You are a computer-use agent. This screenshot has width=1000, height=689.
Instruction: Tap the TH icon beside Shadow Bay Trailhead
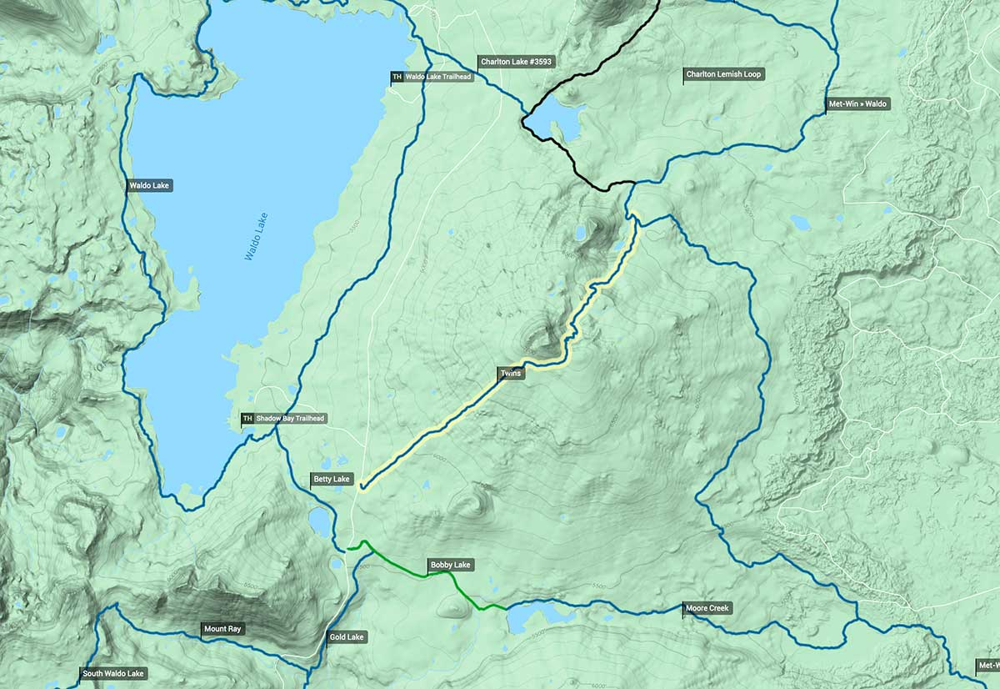click(x=247, y=419)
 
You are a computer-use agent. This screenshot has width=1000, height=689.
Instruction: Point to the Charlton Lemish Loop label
click(x=723, y=74)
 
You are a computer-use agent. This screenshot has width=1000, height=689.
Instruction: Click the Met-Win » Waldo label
click(x=857, y=104)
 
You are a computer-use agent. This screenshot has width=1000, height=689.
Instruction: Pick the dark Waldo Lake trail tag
click(x=150, y=186)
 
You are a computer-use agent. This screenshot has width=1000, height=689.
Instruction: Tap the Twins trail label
click(x=511, y=373)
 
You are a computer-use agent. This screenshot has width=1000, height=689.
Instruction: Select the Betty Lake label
click(x=332, y=480)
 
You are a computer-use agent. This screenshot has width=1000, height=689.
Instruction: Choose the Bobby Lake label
click(x=450, y=565)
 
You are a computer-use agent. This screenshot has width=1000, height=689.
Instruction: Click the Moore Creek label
click(x=707, y=608)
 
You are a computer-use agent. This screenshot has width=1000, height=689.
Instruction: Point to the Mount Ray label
click(x=223, y=629)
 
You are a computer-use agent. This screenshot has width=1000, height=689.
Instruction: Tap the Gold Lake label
click(x=347, y=637)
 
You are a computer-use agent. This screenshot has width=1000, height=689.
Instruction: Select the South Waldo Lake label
click(x=112, y=673)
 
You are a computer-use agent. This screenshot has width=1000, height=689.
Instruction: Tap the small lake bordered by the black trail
click(x=552, y=121)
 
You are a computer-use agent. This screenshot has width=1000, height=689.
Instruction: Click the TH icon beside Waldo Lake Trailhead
click(x=397, y=77)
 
